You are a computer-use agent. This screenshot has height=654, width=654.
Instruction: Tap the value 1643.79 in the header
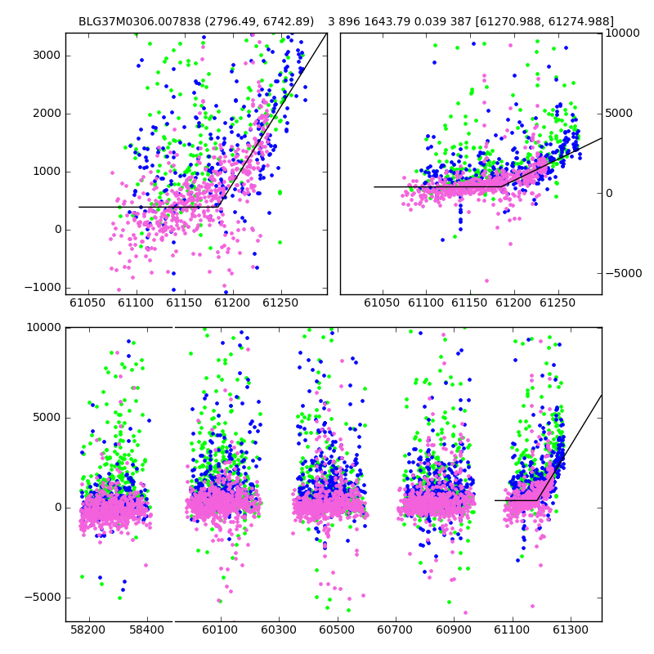(x=387, y=21)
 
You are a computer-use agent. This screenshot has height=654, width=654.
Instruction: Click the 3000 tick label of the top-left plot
(x=47, y=56)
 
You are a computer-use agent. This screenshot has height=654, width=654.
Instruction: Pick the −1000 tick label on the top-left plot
(x=43, y=288)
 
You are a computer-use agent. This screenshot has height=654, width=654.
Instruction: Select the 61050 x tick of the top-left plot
(x=87, y=302)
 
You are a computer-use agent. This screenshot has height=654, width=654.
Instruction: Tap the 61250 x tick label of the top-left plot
(x=280, y=302)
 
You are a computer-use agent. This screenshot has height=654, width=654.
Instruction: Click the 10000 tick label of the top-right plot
(x=622, y=33)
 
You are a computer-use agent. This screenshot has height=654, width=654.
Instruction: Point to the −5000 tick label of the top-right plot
(x=624, y=274)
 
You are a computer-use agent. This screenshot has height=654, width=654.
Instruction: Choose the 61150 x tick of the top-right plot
(x=470, y=302)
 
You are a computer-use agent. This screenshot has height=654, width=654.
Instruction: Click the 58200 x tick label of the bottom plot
(x=88, y=629)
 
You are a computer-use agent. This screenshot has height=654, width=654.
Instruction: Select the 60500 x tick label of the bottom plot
(x=337, y=629)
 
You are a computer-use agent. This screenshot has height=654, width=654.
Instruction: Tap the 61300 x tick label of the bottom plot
(x=570, y=629)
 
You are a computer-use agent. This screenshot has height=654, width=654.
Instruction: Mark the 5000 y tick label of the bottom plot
(x=47, y=418)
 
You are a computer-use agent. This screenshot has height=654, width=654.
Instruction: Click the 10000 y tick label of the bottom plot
(x=43, y=328)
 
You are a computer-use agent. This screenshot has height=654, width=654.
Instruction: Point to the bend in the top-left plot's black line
(x=218, y=207)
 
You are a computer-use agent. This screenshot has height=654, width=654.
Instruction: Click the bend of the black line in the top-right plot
(x=502, y=186)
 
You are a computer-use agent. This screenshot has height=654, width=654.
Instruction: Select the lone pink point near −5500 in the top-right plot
(x=486, y=280)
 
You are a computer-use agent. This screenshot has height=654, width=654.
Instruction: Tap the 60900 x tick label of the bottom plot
(x=454, y=629)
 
